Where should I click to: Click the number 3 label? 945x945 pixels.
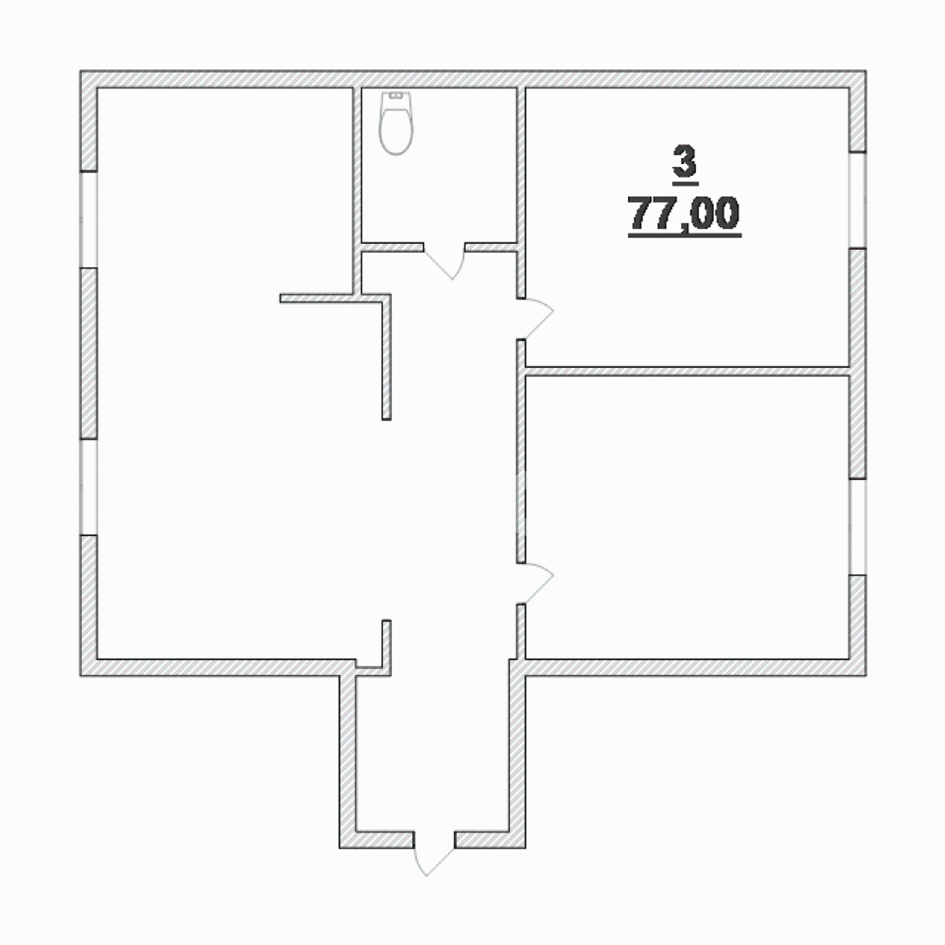(x=685, y=161)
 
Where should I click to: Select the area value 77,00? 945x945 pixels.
(x=685, y=213)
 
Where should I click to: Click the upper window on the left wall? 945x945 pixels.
(x=89, y=220)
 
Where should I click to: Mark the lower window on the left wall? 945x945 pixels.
(x=89, y=487)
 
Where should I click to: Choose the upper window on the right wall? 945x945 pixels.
(x=858, y=200)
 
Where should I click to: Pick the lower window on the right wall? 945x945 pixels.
(x=858, y=526)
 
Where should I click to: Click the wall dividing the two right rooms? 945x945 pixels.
(x=687, y=371)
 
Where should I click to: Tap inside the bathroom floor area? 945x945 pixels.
(x=440, y=189)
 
